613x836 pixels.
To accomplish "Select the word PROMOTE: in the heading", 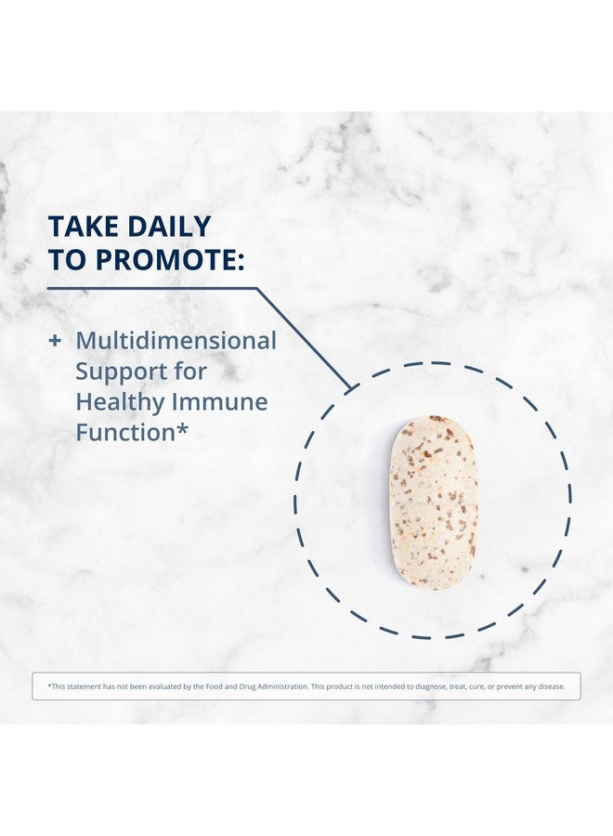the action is point(170,260).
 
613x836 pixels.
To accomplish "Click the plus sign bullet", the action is point(55,341).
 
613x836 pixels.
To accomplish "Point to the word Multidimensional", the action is point(176,341).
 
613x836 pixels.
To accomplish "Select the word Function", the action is point(125,432).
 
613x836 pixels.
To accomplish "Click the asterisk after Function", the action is point(182,428).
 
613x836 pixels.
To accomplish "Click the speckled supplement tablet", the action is point(434,503).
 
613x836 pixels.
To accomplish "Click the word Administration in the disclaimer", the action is point(281,686).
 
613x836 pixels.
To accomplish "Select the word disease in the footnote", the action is point(551,686).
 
